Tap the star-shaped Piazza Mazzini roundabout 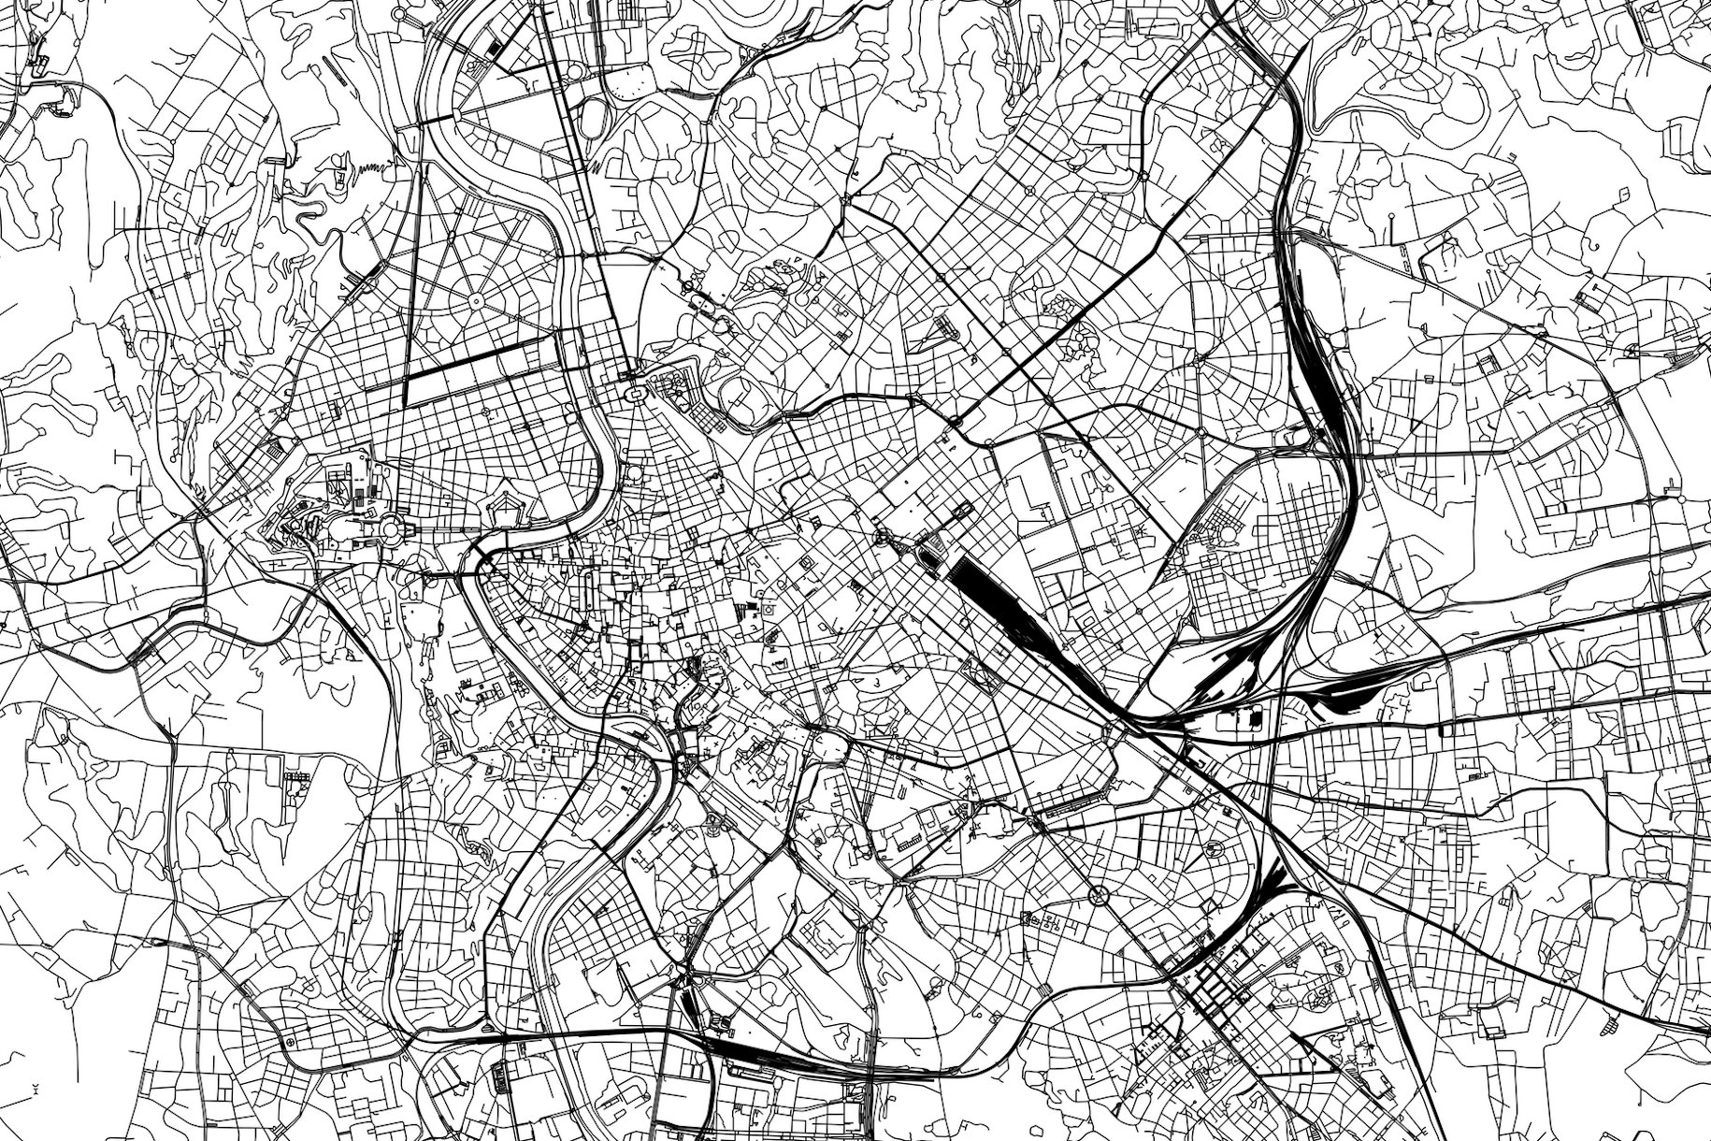(x=475, y=301)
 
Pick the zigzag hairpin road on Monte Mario (x=369, y=168)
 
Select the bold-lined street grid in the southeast (x=1215, y=991)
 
